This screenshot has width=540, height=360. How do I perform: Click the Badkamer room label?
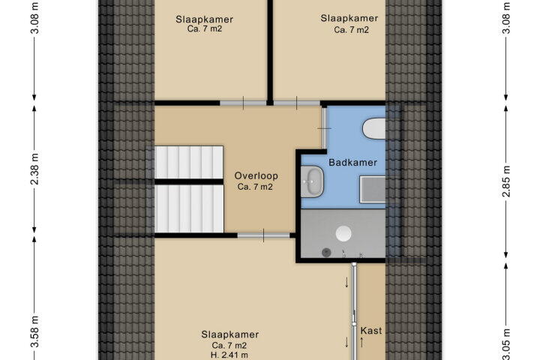tap(352, 162)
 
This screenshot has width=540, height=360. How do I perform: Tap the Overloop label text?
tap(256, 176)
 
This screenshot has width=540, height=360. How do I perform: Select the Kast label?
tap(371, 331)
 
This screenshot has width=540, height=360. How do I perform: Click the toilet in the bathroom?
tap(374, 128)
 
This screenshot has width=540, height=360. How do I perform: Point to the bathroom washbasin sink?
tap(312, 181)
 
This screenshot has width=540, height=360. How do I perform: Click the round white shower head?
tap(343, 234)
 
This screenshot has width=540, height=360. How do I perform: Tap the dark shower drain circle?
tap(326, 253)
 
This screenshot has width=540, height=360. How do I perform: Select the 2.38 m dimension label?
tap(34, 169)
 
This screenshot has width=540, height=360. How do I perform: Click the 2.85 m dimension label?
tap(506, 181)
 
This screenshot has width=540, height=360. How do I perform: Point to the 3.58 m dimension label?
tap(34, 331)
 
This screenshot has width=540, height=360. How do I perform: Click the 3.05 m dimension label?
tap(506, 344)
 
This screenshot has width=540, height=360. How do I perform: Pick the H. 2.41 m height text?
tap(229, 355)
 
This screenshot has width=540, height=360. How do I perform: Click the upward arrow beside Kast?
tap(362, 342)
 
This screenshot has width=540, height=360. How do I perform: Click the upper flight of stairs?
tap(189, 162)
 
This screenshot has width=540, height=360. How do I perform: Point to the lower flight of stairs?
tap(189, 208)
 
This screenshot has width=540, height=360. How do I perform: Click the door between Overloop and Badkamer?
tap(324, 128)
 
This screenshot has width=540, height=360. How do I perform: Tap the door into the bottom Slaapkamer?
tap(263, 235)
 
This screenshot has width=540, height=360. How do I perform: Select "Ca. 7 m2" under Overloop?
tap(255, 187)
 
